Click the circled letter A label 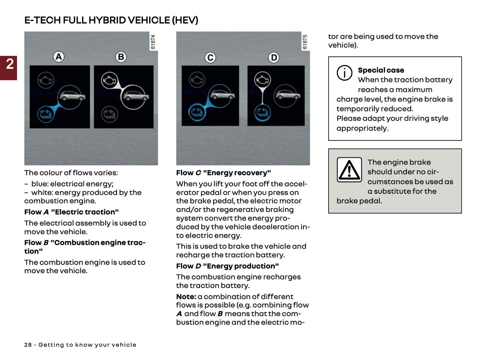click(x=59, y=57)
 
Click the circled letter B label click(x=121, y=57)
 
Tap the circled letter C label click(x=211, y=58)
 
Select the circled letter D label click(x=274, y=58)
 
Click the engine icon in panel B click(x=109, y=81)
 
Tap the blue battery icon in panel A click(x=45, y=114)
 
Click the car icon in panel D click(x=286, y=96)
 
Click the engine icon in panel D click(x=262, y=80)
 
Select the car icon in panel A click(x=71, y=97)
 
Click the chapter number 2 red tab click(x=9, y=68)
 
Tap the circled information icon click(x=344, y=73)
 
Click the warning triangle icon click(x=349, y=170)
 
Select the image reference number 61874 click(x=153, y=42)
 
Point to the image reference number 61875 click(x=305, y=42)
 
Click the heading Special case click(x=381, y=70)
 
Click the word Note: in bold click(x=186, y=297)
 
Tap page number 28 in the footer click(x=28, y=345)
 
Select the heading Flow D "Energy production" click(x=227, y=266)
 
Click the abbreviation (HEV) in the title click(x=185, y=20)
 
